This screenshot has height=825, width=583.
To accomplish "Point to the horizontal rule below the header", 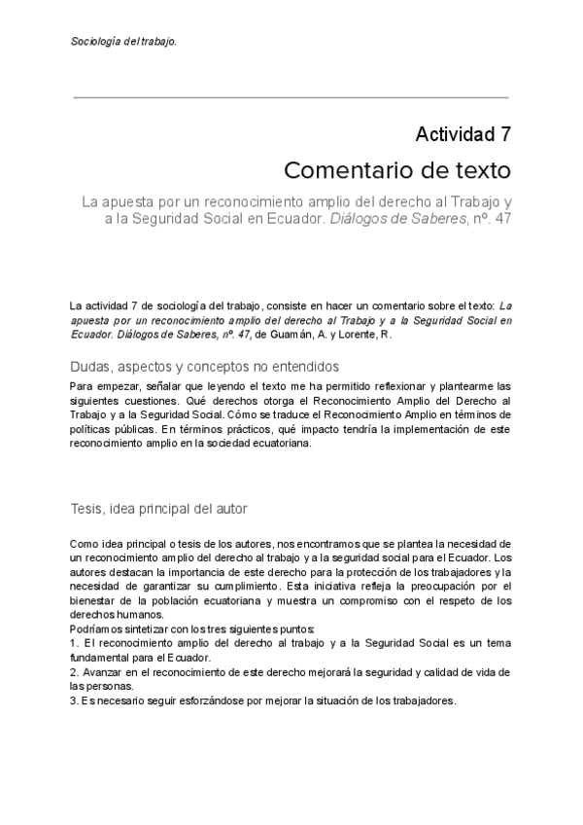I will point(291,97).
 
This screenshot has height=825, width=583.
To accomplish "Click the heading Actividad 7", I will point(463,134).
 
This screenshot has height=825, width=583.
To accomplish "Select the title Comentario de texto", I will point(397,171).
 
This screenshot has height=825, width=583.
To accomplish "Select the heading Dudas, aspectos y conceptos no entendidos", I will point(204,367).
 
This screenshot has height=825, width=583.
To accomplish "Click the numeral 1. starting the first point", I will point(74,644).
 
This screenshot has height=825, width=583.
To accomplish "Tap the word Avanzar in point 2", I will point(103,673).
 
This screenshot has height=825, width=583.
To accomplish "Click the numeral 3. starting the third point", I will point(74,700).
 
